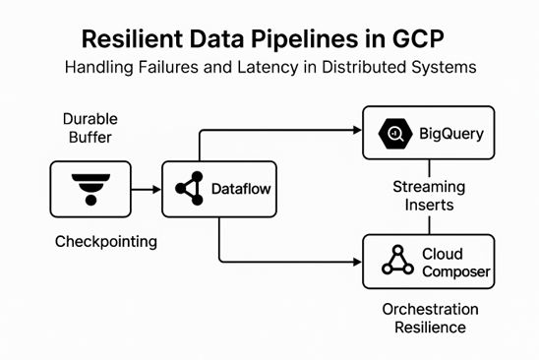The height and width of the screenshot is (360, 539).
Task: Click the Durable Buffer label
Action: (90, 128)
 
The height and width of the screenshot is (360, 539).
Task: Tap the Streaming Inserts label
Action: (429, 196)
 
